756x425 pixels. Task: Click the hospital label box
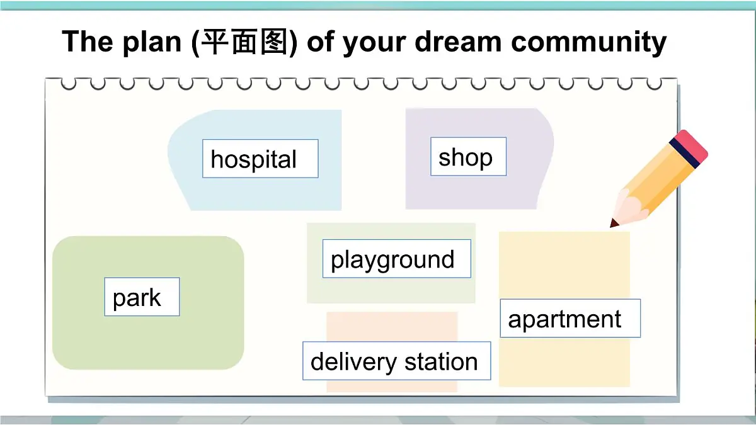pos(260,159)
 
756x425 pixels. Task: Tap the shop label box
pos(469,157)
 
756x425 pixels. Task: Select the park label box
pos(142,297)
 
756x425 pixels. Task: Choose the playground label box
pos(397,259)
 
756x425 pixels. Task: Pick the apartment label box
pos(570,318)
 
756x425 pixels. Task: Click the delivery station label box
pos(397,361)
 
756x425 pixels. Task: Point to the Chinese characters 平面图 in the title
pos(244,42)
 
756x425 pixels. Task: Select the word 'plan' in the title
pos(152,43)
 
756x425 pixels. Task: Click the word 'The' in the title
pos(88,41)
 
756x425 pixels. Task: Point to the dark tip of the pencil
pos(614,223)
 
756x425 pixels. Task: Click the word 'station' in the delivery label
pos(441,361)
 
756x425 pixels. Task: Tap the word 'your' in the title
pos(374,44)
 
